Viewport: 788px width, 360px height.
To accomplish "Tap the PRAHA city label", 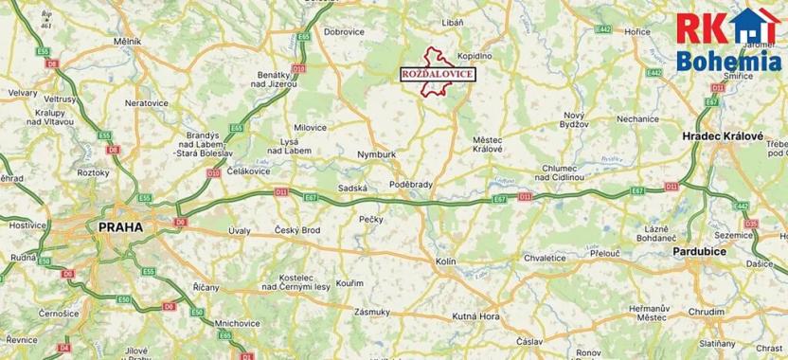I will click(119, 227).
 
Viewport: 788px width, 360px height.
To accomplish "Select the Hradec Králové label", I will click(723, 136).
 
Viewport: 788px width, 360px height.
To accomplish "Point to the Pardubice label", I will click(699, 251).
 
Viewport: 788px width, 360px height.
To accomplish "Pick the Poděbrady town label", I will click(410, 185).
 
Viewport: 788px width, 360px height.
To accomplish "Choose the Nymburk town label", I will click(377, 153).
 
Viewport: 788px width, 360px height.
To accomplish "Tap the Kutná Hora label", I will click(476, 315).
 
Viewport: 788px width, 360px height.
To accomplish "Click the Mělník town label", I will click(127, 43).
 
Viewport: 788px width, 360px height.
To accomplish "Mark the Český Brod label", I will click(296, 230).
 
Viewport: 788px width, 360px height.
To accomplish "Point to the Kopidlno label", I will click(475, 57).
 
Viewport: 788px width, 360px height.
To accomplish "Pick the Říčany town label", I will click(205, 287).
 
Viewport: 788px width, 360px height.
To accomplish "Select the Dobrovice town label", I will click(344, 31).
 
